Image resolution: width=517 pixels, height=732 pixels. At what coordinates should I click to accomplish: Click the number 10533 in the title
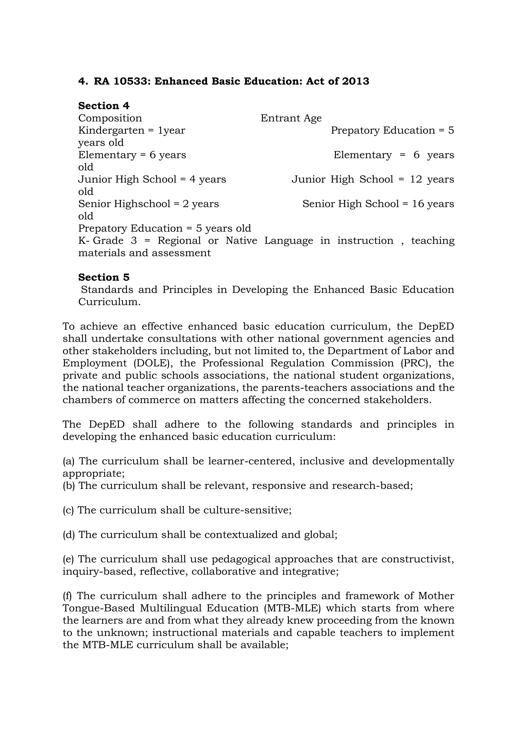pyautogui.click(x=132, y=81)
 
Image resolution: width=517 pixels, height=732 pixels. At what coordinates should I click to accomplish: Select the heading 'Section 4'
pyautogui.click(x=104, y=106)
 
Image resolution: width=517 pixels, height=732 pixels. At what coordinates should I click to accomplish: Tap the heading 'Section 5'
pyautogui.click(x=104, y=277)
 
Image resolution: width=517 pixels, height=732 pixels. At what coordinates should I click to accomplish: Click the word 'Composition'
pyautogui.click(x=110, y=118)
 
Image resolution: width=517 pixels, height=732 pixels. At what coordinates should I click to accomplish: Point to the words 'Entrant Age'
pyautogui.click(x=291, y=118)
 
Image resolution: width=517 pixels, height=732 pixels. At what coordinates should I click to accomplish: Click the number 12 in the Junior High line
pyautogui.click(x=416, y=179)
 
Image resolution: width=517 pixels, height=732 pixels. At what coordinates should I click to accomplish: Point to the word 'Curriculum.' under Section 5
pyautogui.click(x=109, y=302)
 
